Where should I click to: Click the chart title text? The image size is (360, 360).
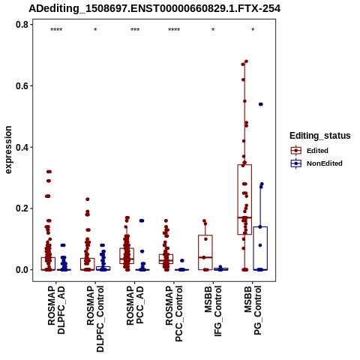(154, 8)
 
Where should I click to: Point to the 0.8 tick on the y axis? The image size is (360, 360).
(31, 25)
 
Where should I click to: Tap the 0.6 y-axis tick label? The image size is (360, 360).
(21, 85)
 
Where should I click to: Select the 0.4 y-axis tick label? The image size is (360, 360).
(21, 147)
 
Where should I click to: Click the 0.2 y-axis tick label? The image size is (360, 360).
(21, 208)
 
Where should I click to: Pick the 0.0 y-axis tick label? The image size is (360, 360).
(21, 270)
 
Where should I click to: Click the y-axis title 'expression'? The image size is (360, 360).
(8, 150)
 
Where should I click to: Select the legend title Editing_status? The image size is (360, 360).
(319, 136)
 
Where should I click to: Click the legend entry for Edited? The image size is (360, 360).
(317, 151)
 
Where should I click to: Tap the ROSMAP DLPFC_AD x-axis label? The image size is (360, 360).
(56, 310)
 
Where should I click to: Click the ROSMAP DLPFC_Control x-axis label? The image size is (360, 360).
(95, 319)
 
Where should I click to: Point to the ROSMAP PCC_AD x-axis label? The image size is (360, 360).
(135, 305)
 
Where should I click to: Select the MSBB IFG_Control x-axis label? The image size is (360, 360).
(213, 311)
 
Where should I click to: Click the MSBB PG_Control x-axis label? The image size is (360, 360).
(253, 310)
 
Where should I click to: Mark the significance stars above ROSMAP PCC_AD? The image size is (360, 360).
(135, 30)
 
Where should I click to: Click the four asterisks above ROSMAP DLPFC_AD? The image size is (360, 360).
(56, 30)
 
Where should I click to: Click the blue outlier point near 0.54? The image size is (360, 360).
(260, 104)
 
